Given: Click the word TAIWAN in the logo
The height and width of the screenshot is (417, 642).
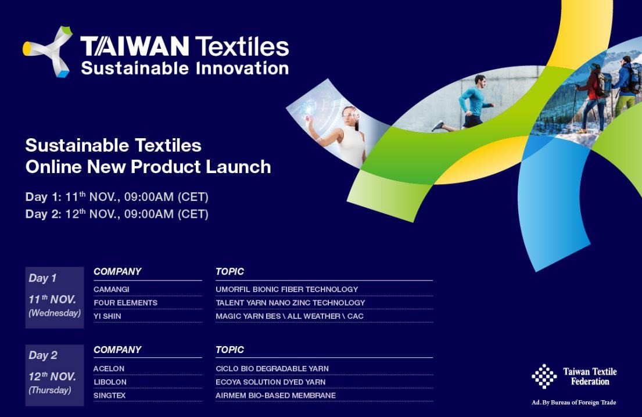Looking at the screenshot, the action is click(x=134, y=46).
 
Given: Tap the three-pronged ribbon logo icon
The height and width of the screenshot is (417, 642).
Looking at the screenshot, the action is click(x=48, y=52).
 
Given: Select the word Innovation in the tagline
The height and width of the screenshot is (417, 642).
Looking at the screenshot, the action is click(x=242, y=68).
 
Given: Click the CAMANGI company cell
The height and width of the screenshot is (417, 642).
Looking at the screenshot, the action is click(x=112, y=289).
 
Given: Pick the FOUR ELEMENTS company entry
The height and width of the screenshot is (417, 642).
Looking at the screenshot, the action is click(x=125, y=303).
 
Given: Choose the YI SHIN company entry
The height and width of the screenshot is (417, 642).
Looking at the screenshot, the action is click(x=107, y=317).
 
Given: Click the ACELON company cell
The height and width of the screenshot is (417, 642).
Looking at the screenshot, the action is click(x=109, y=369).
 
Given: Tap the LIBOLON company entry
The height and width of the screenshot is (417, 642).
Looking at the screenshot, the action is click(x=110, y=382).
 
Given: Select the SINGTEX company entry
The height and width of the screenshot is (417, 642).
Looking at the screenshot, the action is click(x=110, y=396).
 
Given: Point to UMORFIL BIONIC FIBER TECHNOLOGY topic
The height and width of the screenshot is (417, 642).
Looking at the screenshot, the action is click(x=287, y=289).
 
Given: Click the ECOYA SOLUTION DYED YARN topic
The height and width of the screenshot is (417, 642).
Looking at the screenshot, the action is click(x=271, y=382).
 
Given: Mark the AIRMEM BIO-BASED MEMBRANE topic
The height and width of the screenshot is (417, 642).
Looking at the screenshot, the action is click(x=275, y=396).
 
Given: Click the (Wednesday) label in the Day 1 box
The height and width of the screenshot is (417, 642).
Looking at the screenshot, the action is click(x=55, y=314).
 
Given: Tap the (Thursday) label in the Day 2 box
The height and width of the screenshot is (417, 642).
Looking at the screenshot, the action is click(x=49, y=390).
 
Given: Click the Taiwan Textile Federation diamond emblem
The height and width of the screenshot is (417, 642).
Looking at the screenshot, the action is click(x=544, y=376).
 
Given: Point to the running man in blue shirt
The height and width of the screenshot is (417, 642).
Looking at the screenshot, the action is click(x=467, y=103).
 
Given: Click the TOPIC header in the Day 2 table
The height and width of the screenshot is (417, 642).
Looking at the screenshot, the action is click(x=229, y=350).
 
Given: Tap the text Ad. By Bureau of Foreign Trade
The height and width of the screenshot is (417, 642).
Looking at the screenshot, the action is click(x=573, y=402).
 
